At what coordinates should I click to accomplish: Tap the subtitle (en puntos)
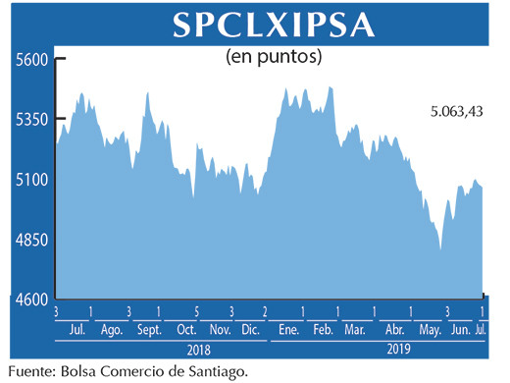(x=274, y=56)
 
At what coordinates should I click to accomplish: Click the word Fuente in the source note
(x=30, y=371)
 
